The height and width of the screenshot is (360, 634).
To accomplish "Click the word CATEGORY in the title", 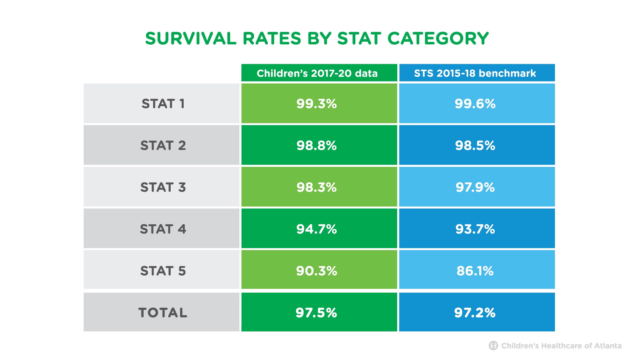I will (x=438, y=39).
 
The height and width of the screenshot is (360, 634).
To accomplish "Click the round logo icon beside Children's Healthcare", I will (x=493, y=345).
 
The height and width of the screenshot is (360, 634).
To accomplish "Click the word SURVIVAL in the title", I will (x=191, y=39).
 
